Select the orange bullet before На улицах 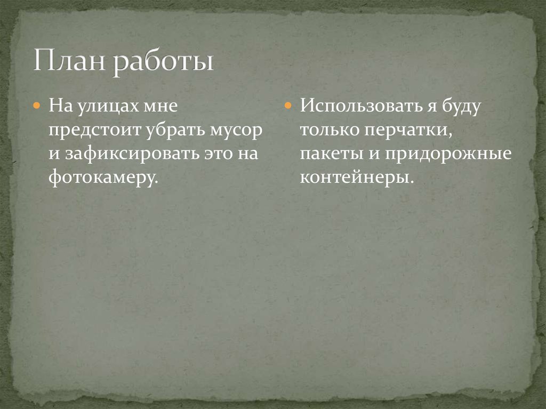37,106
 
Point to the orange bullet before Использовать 287,106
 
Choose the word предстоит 89,130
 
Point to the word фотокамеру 103,179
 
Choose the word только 328,130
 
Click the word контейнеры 356,179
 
